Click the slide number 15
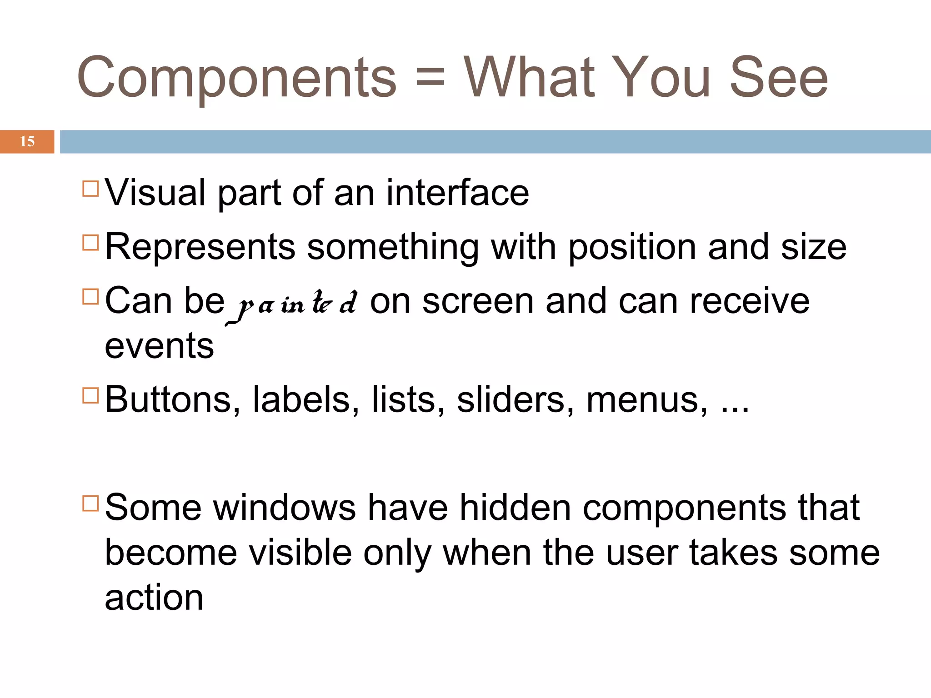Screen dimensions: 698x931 coord(27,141)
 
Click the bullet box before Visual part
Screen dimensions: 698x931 coord(91,189)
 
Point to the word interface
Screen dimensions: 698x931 coord(458,193)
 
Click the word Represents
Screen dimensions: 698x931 coord(200,247)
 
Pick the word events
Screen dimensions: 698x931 coord(159,346)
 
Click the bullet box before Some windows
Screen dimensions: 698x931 coord(91,504)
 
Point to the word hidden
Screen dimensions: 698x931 coord(515,507)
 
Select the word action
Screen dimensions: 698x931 coord(154,598)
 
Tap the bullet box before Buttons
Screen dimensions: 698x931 coord(91,395)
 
